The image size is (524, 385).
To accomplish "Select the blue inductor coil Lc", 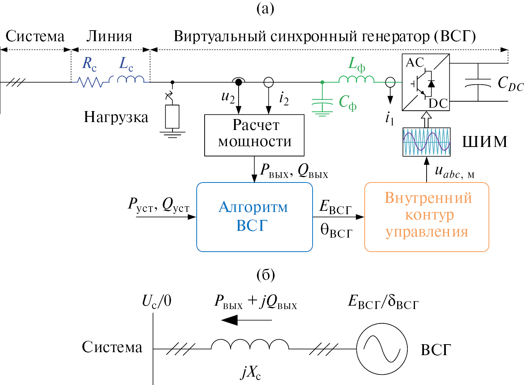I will [x=130, y=79].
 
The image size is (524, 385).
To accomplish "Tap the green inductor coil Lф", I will [x=356, y=79].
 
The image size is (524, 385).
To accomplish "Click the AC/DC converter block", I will [x=426, y=82].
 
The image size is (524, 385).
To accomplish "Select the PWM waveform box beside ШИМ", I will [x=427, y=142].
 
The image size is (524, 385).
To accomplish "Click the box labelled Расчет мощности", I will [x=254, y=135].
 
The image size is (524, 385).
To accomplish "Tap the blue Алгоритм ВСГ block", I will [x=254, y=217].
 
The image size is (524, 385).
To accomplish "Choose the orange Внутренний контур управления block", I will [x=427, y=217].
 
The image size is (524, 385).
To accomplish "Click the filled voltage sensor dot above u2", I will [x=239, y=82].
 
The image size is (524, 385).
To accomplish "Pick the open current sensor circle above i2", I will [x=268, y=82].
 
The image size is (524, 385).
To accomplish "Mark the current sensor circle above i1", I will [x=390, y=82].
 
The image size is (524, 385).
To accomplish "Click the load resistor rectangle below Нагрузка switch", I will [x=172, y=117].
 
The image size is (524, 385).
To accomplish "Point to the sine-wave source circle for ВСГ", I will [x=382, y=349].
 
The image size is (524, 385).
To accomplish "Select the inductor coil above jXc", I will [x=250, y=344].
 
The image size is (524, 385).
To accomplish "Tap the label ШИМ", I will [x=485, y=142].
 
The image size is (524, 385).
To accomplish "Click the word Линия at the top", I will [x=109, y=36].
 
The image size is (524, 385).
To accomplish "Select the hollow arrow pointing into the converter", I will [x=426, y=119].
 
